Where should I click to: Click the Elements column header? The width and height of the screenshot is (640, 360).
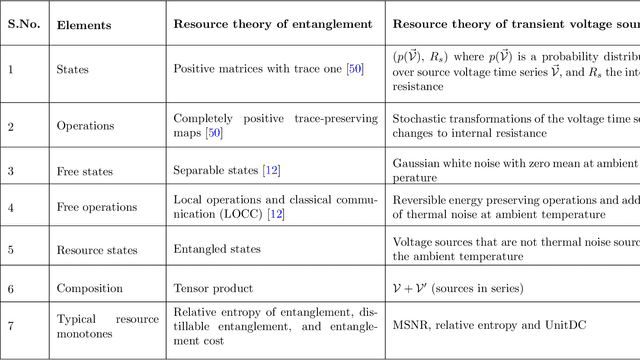tap(82, 23)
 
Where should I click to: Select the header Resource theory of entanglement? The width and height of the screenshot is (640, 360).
tap(272, 23)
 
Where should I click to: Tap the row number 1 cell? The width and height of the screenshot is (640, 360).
tap(11, 70)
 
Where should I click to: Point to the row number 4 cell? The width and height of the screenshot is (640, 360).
tap(11, 207)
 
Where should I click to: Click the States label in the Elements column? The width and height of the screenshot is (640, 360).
tap(72, 70)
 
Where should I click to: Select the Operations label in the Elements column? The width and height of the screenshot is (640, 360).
tap(85, 127)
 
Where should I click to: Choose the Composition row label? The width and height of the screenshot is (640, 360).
tap(89, 288)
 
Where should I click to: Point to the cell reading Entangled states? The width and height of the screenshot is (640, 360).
tap(217, 249)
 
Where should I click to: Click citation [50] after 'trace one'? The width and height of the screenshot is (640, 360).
tap(355, 70)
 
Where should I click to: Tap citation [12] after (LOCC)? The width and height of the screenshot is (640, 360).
tap(275, 214)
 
